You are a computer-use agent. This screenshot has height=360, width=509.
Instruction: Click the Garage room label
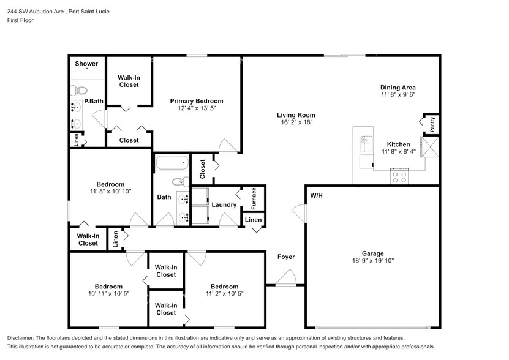(x=372, y=253)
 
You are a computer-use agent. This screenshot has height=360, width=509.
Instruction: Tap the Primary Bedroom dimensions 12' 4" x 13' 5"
(x=196, y=108)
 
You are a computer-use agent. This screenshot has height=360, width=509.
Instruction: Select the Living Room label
(x=295, y=114)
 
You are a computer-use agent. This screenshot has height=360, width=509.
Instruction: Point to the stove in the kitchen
(x=399, y=177)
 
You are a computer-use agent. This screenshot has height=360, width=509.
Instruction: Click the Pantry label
(x=432, y=124)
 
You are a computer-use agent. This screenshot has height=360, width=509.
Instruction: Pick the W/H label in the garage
(x=316, y=197)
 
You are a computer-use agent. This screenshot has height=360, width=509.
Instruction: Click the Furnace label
(x=254, y=198)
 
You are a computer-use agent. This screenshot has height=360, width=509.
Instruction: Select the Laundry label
(x=224, y=205)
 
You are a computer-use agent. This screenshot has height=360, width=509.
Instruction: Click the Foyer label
(x=286, y=257)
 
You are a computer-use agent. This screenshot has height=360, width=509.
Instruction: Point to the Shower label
(x=86, y=64)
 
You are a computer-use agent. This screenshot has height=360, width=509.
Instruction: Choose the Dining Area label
(x=399, y=88)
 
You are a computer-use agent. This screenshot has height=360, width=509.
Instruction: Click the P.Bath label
(x=93, y=101)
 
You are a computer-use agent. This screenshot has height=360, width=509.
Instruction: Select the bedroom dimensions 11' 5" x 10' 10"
(x=110, y=192)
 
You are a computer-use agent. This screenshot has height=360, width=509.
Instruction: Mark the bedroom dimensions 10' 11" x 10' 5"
(x=108, y=294)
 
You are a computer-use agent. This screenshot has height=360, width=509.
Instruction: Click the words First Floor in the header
(x=20, y=20)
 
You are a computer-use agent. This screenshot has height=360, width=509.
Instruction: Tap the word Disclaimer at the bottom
(x=22, y=338)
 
